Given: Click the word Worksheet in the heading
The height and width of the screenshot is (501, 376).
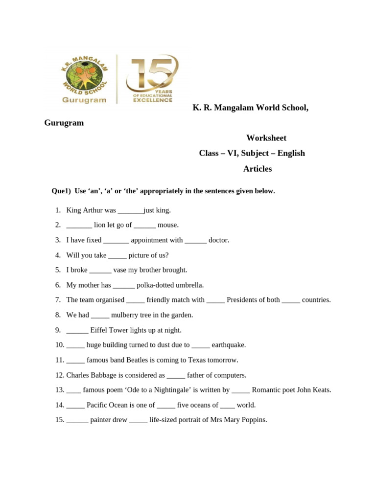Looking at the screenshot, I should pyautogui.click(x=266, y=138).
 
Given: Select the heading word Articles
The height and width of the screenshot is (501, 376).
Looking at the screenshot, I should pyautogui.click(x=257, y=169).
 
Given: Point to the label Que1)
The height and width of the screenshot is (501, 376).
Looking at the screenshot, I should pyautogui.click(x=62, y=191).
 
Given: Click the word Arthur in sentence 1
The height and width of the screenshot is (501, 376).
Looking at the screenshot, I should pyautogui.click(x=92, y=210).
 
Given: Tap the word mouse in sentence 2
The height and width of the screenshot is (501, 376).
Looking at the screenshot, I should pyautogui.click(x=168, y=225).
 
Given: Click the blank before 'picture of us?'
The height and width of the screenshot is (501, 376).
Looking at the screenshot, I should pyautogui.click(x=117, y=255).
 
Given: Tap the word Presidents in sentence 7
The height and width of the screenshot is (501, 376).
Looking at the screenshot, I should pyautogui.click(x=246, y=300).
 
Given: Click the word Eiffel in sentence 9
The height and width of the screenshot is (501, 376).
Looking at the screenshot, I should pyautogui.click(x=100, y=330).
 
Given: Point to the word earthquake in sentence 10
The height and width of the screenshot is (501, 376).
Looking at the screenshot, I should pyautogui.click(x=229, y=345).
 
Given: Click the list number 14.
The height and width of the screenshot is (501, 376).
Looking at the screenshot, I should pyautogui.click(x=59, y=405).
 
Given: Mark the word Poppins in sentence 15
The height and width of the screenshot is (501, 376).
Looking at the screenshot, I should pyautogui.click(x=254, y=420).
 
